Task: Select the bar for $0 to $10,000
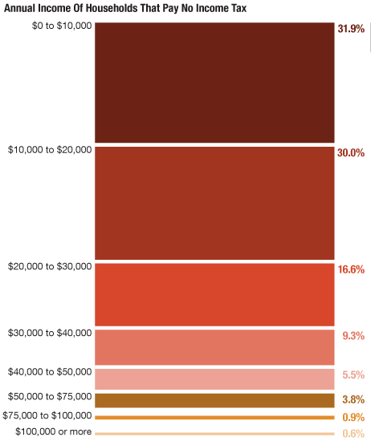214,83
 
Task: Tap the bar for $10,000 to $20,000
214,203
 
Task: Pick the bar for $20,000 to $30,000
214,294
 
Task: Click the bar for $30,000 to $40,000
214,347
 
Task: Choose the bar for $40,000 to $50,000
214,378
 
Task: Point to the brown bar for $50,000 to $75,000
214,400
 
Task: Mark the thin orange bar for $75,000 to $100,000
214,418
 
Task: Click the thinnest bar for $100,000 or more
214,434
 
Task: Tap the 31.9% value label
351,29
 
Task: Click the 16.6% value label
351,270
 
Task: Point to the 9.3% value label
353,336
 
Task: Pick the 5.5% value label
353,374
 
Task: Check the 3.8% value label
353,399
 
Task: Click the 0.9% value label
353,418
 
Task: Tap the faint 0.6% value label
353,434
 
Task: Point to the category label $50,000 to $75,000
50,396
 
